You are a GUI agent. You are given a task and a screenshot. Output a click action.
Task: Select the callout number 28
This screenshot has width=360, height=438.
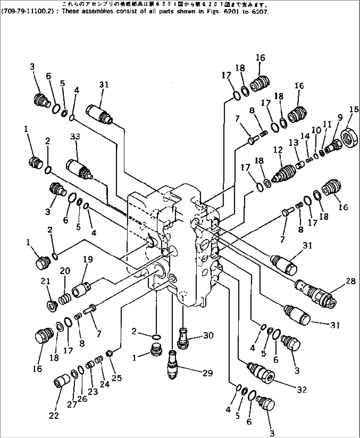(x=351, y=281)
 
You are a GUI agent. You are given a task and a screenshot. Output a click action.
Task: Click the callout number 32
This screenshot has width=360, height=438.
(x=302, y=390)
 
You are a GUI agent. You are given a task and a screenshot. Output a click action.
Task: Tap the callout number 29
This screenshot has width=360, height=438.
(x=207, y=373)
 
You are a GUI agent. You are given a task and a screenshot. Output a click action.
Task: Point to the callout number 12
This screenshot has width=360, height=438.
(x=278, y=150)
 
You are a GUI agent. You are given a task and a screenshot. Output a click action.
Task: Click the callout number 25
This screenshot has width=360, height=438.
(x=117, y=378)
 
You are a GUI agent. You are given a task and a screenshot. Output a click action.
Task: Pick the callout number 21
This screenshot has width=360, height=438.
(x=45, y=282)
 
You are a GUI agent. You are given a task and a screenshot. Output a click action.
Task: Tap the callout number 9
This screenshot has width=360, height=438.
(x=340, y=117)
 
